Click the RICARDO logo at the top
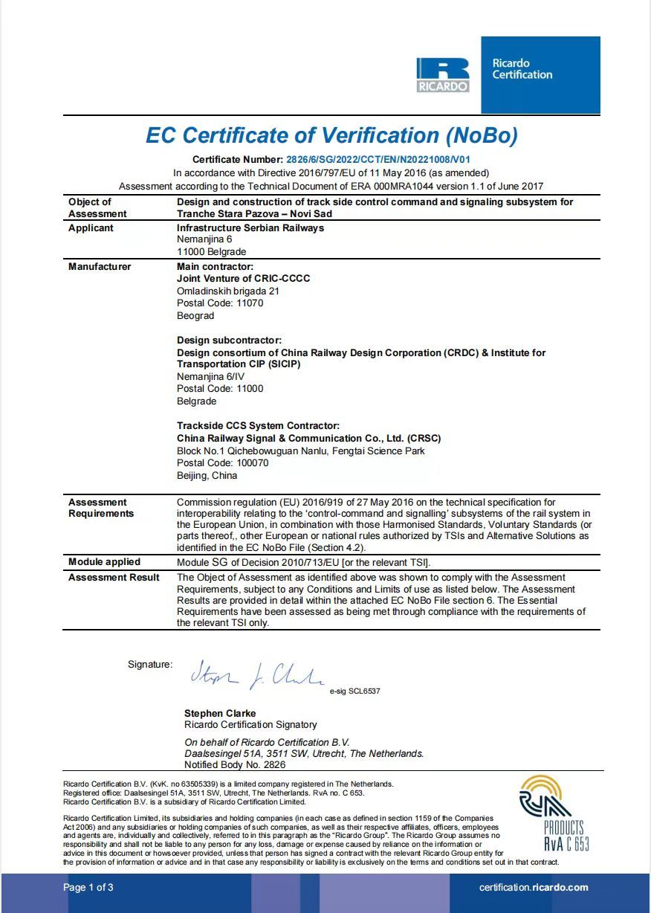[x=443, y=76]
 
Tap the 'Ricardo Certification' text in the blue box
[x=522, y=69]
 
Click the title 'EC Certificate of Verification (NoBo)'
[x=331, y=135]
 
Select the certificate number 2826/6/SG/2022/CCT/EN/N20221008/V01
[x=378, y=160]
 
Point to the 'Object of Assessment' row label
[x=97, y=208]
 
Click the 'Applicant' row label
[x=91, y=228]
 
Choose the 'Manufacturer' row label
[x=100, y=267]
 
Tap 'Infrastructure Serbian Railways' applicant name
[x=250, y=228]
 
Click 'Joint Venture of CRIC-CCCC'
[x=243, y=279]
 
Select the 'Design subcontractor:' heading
[x=229, y=341]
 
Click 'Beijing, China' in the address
[x=207, y=476]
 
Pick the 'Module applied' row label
[x=104, y=562]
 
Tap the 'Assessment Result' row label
[x=114, y=578]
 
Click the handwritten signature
[x=256, y=675]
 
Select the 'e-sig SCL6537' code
[x=354, y=691]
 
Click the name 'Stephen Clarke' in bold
[x=220, y=714]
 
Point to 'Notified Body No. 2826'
[x=235, y=765]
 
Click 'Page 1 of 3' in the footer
[x=88, y=888]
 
